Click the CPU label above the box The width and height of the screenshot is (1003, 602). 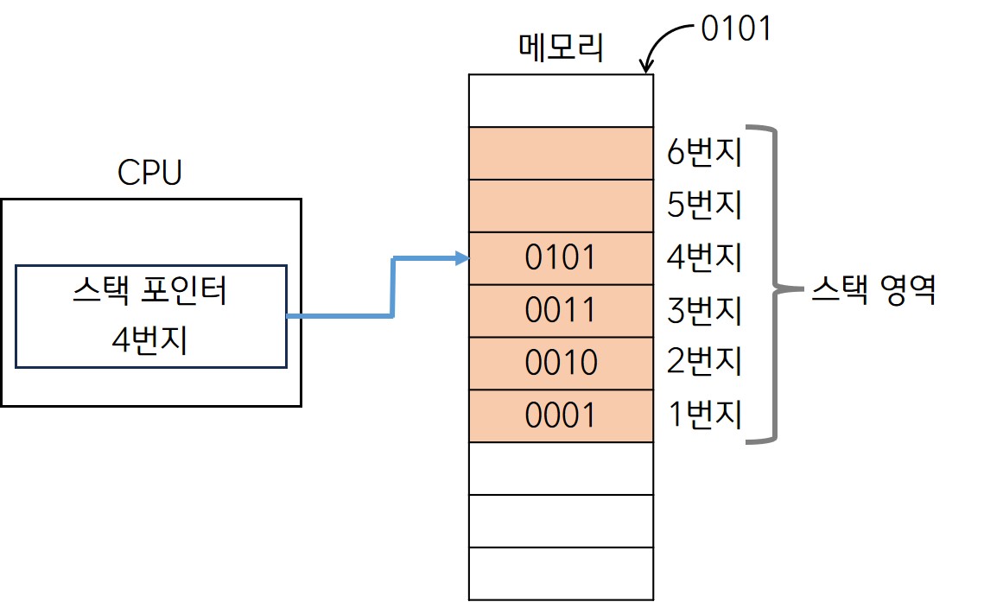point(150,173)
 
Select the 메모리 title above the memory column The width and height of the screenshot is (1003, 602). point(560,48)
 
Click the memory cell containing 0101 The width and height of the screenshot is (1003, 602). point(561,258)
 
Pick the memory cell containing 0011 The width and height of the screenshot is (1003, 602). point(561,311)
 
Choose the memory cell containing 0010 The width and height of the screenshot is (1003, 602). point(561,364)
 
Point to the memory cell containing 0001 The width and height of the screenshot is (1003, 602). point(561,416)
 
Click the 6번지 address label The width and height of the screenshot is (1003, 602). point(705,154)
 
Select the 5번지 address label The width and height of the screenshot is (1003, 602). point(705,206)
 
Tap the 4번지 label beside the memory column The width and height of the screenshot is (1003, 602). point(705,258)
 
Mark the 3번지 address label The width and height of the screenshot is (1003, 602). point(705,311)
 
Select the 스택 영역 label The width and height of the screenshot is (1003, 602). point(874,290)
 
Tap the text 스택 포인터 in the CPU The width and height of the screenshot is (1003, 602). point(150,292)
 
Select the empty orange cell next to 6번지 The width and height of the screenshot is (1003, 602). point(561,154)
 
